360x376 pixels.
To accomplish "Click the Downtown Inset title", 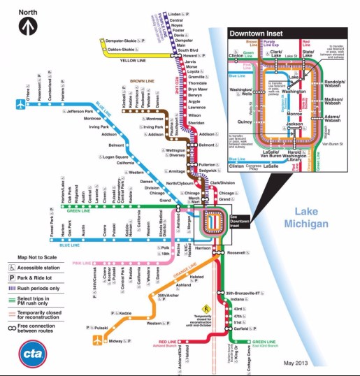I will coord(257,34).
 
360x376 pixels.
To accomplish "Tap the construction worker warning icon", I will coord(206,308).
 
